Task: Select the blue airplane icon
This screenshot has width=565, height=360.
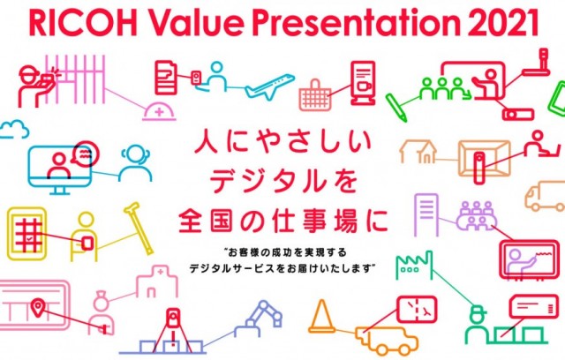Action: click(269, 86)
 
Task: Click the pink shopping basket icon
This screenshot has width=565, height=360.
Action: click(315, 95)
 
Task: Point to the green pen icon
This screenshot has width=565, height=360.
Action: click(396, 108)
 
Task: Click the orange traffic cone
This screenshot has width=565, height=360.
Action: click(321, 316)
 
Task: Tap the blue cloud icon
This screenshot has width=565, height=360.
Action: click(14, 129)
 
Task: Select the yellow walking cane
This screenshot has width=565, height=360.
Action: click(139, 229)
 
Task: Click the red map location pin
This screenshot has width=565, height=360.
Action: click(37, 307)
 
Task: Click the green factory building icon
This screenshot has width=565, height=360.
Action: click(414, 266)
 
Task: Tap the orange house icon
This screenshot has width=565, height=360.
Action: click(418, 152)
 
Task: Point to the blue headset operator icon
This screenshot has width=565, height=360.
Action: click(135, 163)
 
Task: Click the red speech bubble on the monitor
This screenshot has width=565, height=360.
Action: click(85, 154)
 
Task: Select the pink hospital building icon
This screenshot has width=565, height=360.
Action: click(157, 281)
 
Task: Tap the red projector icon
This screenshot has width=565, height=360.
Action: click(518, 115)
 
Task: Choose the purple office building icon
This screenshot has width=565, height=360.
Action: click(426, 215)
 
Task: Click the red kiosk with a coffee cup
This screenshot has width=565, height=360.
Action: click(363, 83)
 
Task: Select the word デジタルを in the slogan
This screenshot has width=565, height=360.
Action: click(283, 181)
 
